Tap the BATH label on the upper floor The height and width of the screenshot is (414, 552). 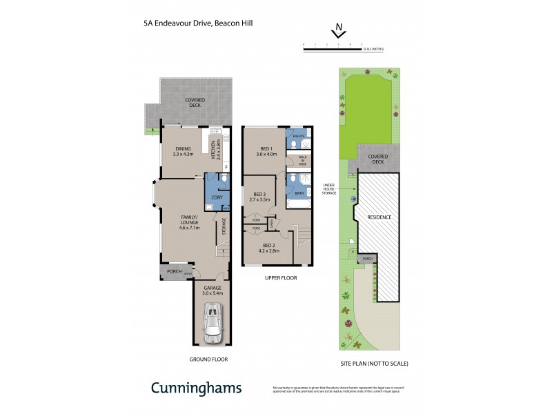pyautogui.click(x=299, y=193)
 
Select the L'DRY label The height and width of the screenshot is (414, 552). pyautogui.click(x=216, y=198)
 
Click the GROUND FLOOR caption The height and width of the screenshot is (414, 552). pyautogui.click(x=208, y=359)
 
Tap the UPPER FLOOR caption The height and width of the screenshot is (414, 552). pyautogui.click(x=282, y=277)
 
